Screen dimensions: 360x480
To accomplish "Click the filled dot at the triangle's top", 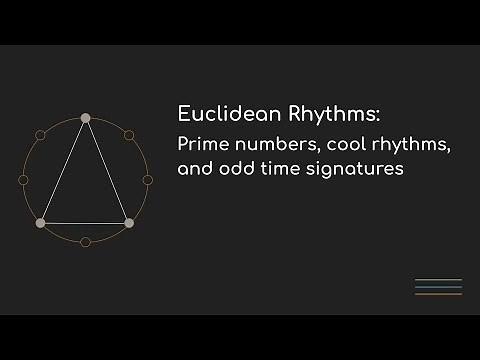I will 85,118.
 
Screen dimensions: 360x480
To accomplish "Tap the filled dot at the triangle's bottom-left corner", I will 40,222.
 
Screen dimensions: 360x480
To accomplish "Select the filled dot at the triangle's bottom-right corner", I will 129,222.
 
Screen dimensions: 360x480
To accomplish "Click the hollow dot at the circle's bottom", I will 85,242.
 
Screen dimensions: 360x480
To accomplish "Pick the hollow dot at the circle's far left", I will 23,180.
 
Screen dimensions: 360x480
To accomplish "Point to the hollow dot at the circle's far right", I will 147,180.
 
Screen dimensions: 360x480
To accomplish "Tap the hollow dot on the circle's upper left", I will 41,135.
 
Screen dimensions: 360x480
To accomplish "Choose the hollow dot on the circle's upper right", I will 129,135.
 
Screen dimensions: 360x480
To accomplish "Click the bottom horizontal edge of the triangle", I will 85,222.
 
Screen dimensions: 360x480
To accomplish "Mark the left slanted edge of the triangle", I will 62,170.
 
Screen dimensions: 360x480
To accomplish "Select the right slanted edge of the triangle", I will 107,170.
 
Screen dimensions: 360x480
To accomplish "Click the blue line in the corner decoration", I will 438,287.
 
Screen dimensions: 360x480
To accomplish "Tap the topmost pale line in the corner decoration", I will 438,280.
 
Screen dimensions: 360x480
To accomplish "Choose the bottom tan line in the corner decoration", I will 438,294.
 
